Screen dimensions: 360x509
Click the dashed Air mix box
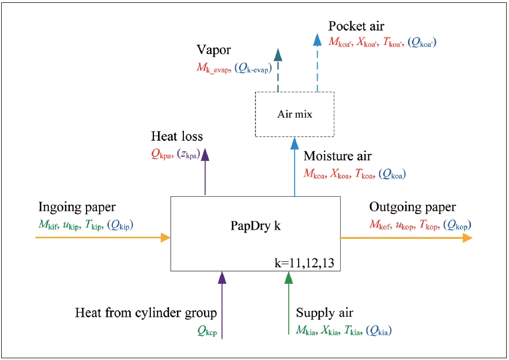point(295,114)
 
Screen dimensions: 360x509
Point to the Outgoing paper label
point(412,207)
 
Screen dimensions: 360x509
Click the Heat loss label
point(177,137)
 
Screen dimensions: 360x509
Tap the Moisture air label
point(338,156)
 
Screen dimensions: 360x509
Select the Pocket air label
point(356,27)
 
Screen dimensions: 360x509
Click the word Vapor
point(213,50)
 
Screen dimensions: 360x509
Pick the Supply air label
point(325,313)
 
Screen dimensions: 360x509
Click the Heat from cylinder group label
point(146,313)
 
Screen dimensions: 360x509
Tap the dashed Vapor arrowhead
point(278,54)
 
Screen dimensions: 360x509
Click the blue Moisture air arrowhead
point(295,143)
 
